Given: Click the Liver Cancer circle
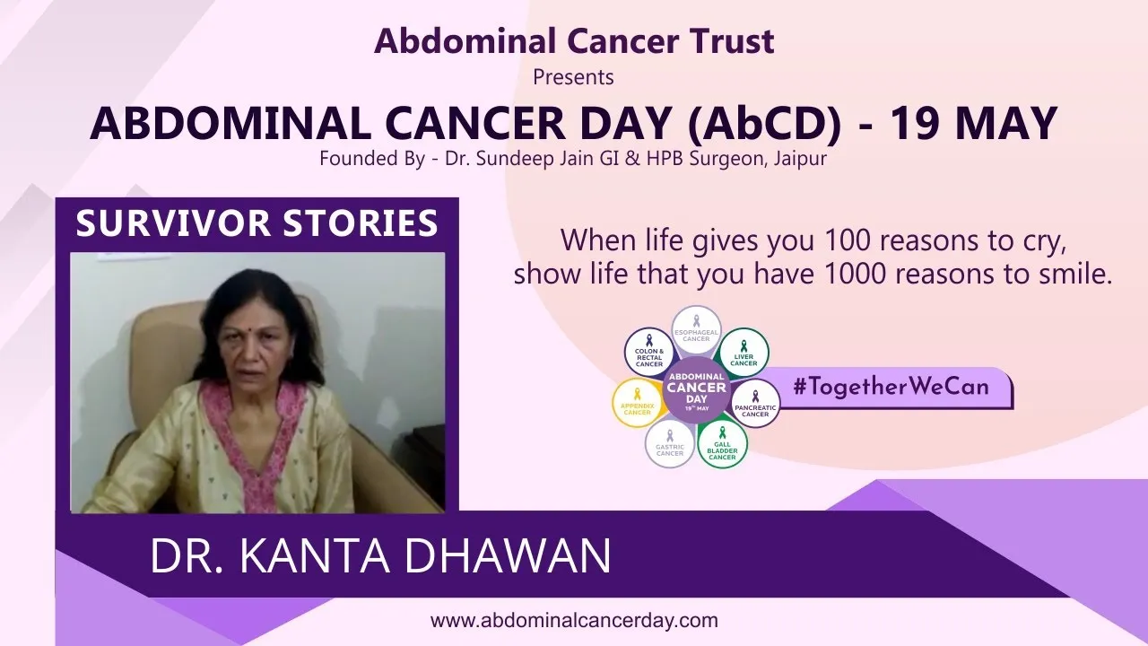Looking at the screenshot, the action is click(744, 354).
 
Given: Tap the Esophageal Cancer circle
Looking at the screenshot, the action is click(696, 331).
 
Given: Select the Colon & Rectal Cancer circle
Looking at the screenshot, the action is click(648, 353).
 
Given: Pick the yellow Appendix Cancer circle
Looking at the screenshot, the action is click(637, 403).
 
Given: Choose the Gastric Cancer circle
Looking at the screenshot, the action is click(670, 443).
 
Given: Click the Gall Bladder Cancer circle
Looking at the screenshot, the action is click(722, 443).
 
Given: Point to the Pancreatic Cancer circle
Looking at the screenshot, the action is click(755, 404).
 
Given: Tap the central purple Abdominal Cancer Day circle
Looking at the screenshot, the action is click(697, 390).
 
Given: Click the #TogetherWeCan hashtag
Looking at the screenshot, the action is click(891, 387).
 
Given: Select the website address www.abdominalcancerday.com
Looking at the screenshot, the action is click(574, 620).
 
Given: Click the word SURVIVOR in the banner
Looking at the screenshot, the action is click(173, 223).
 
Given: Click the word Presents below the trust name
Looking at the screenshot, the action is click(573, 77).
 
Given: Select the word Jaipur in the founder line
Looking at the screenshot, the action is click(800, 159).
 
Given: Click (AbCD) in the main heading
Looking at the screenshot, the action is click(764, 124).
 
